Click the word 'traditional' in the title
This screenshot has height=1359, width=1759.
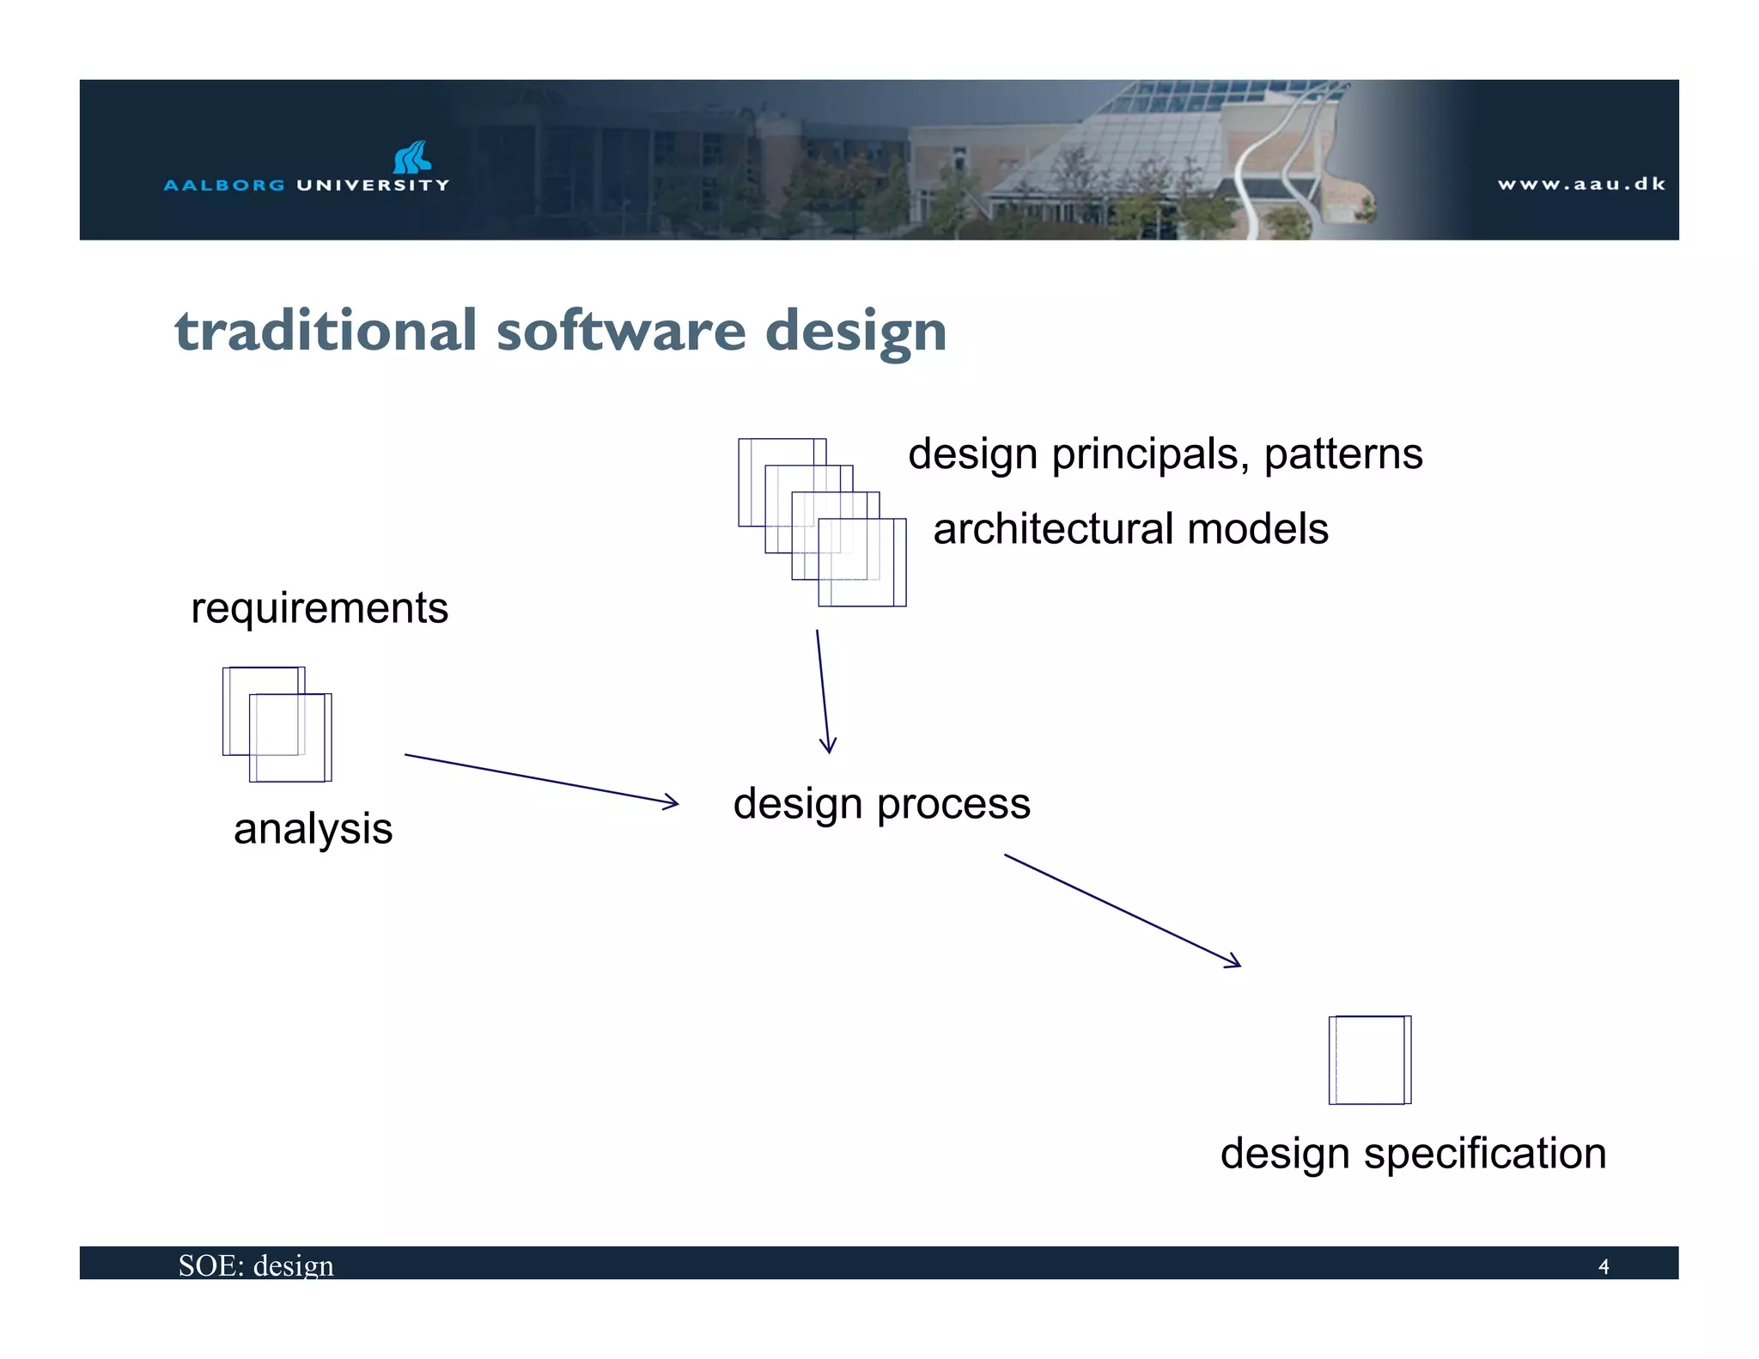coord(326,331)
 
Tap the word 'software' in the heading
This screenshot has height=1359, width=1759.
coord(621,331)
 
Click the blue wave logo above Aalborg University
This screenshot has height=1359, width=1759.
coord(411,157)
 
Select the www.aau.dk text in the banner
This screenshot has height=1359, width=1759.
coord(1581,184)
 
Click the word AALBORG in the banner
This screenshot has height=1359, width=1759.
coord(224,185)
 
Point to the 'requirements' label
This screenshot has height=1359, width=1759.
coord(320,608)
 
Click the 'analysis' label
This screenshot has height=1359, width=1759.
coord(313,829)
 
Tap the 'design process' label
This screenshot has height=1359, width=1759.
coord(881,804)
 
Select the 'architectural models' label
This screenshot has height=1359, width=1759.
coord(1130,529)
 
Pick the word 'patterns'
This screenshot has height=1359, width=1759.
coord(1343,454)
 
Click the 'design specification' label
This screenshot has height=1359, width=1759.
coord(1413,1153)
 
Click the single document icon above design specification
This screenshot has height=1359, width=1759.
coord(1370,1059)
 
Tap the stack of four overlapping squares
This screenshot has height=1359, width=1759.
coord(822,522)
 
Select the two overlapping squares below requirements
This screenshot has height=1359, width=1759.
coord(277,724)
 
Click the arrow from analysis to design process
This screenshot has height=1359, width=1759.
coord(541,779)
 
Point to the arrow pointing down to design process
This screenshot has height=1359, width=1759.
coord(824,692)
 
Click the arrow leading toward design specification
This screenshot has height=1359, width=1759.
coord(1122,911)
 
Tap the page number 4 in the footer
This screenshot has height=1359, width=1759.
coord(1603,1266)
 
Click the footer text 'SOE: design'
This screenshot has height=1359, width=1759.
coord(256,1265)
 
